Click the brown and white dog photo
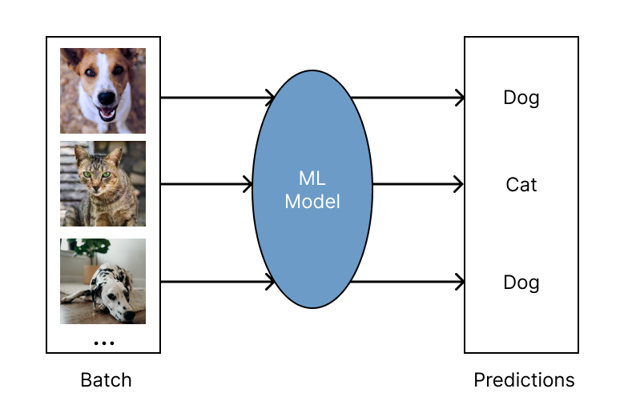103,90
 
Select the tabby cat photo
103,183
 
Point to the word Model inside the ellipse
312,202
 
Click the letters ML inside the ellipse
312,178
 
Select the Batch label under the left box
106,379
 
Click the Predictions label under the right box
524,379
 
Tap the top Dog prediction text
521,98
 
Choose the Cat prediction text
521,185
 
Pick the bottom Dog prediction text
521,283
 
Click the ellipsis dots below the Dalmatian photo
103,343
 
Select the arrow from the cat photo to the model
206,185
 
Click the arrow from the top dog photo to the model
216,98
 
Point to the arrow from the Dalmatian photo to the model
216,282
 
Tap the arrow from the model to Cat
417,185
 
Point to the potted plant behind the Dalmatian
89,250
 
